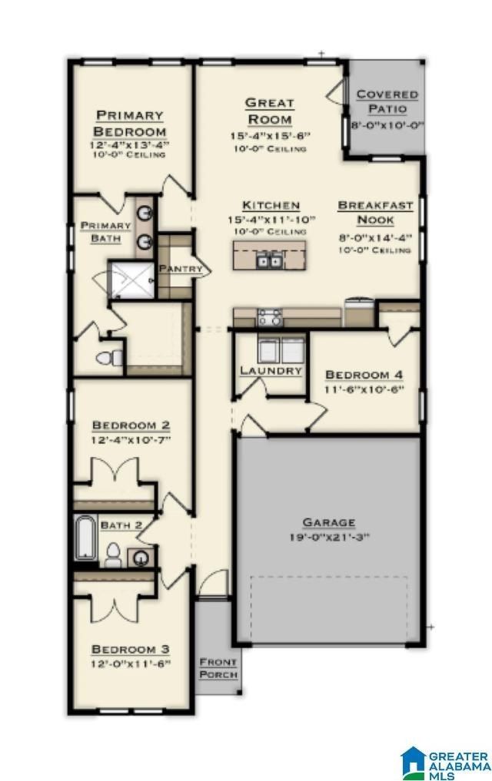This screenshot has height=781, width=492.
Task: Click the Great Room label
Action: tap(269, 111)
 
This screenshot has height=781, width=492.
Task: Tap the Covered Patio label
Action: tap(387, 102)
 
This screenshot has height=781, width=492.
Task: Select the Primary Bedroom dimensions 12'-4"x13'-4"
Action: tap(129, 144)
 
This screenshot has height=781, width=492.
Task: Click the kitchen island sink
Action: tap(268, 262)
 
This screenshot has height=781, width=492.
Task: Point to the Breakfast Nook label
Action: tap(376, 213)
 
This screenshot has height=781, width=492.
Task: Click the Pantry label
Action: tap(181, 269)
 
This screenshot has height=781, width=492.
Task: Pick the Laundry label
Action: tap(270, 370)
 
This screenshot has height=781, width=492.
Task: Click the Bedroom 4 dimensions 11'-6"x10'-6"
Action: tap(364, 389)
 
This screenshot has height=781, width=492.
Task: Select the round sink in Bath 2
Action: tap(142, 558)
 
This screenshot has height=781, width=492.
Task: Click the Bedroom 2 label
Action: tap(131, 425)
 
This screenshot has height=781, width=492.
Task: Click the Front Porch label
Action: tap(218, 668)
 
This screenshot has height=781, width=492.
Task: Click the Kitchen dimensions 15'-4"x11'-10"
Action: tap(271, 220)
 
